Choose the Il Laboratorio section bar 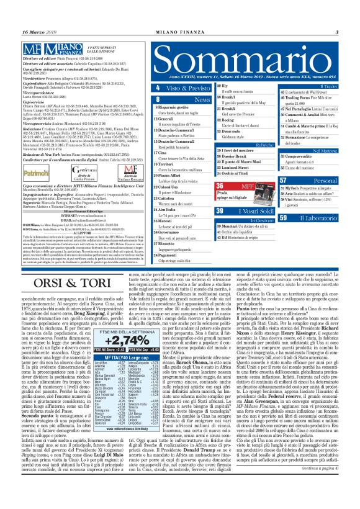click(317, 218)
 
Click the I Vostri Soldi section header click(242, 212)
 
